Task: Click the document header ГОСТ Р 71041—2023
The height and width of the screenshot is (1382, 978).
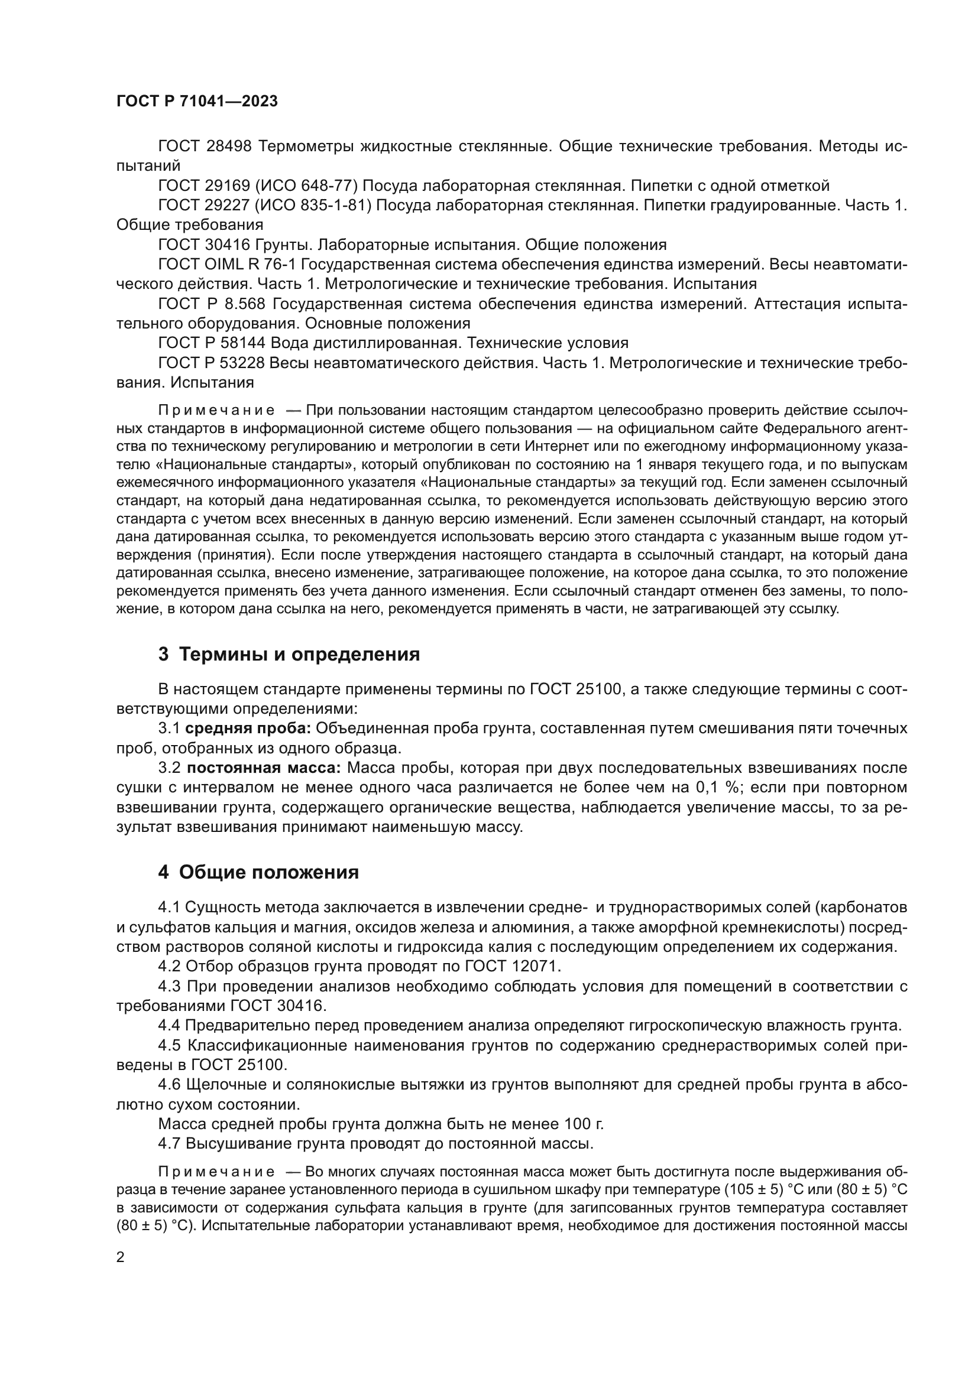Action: coord(197,101)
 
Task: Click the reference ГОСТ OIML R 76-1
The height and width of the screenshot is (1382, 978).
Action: coord(226,264)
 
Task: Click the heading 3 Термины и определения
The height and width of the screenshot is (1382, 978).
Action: coord(289,654)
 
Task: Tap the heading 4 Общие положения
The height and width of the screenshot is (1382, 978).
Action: coord(258,872)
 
